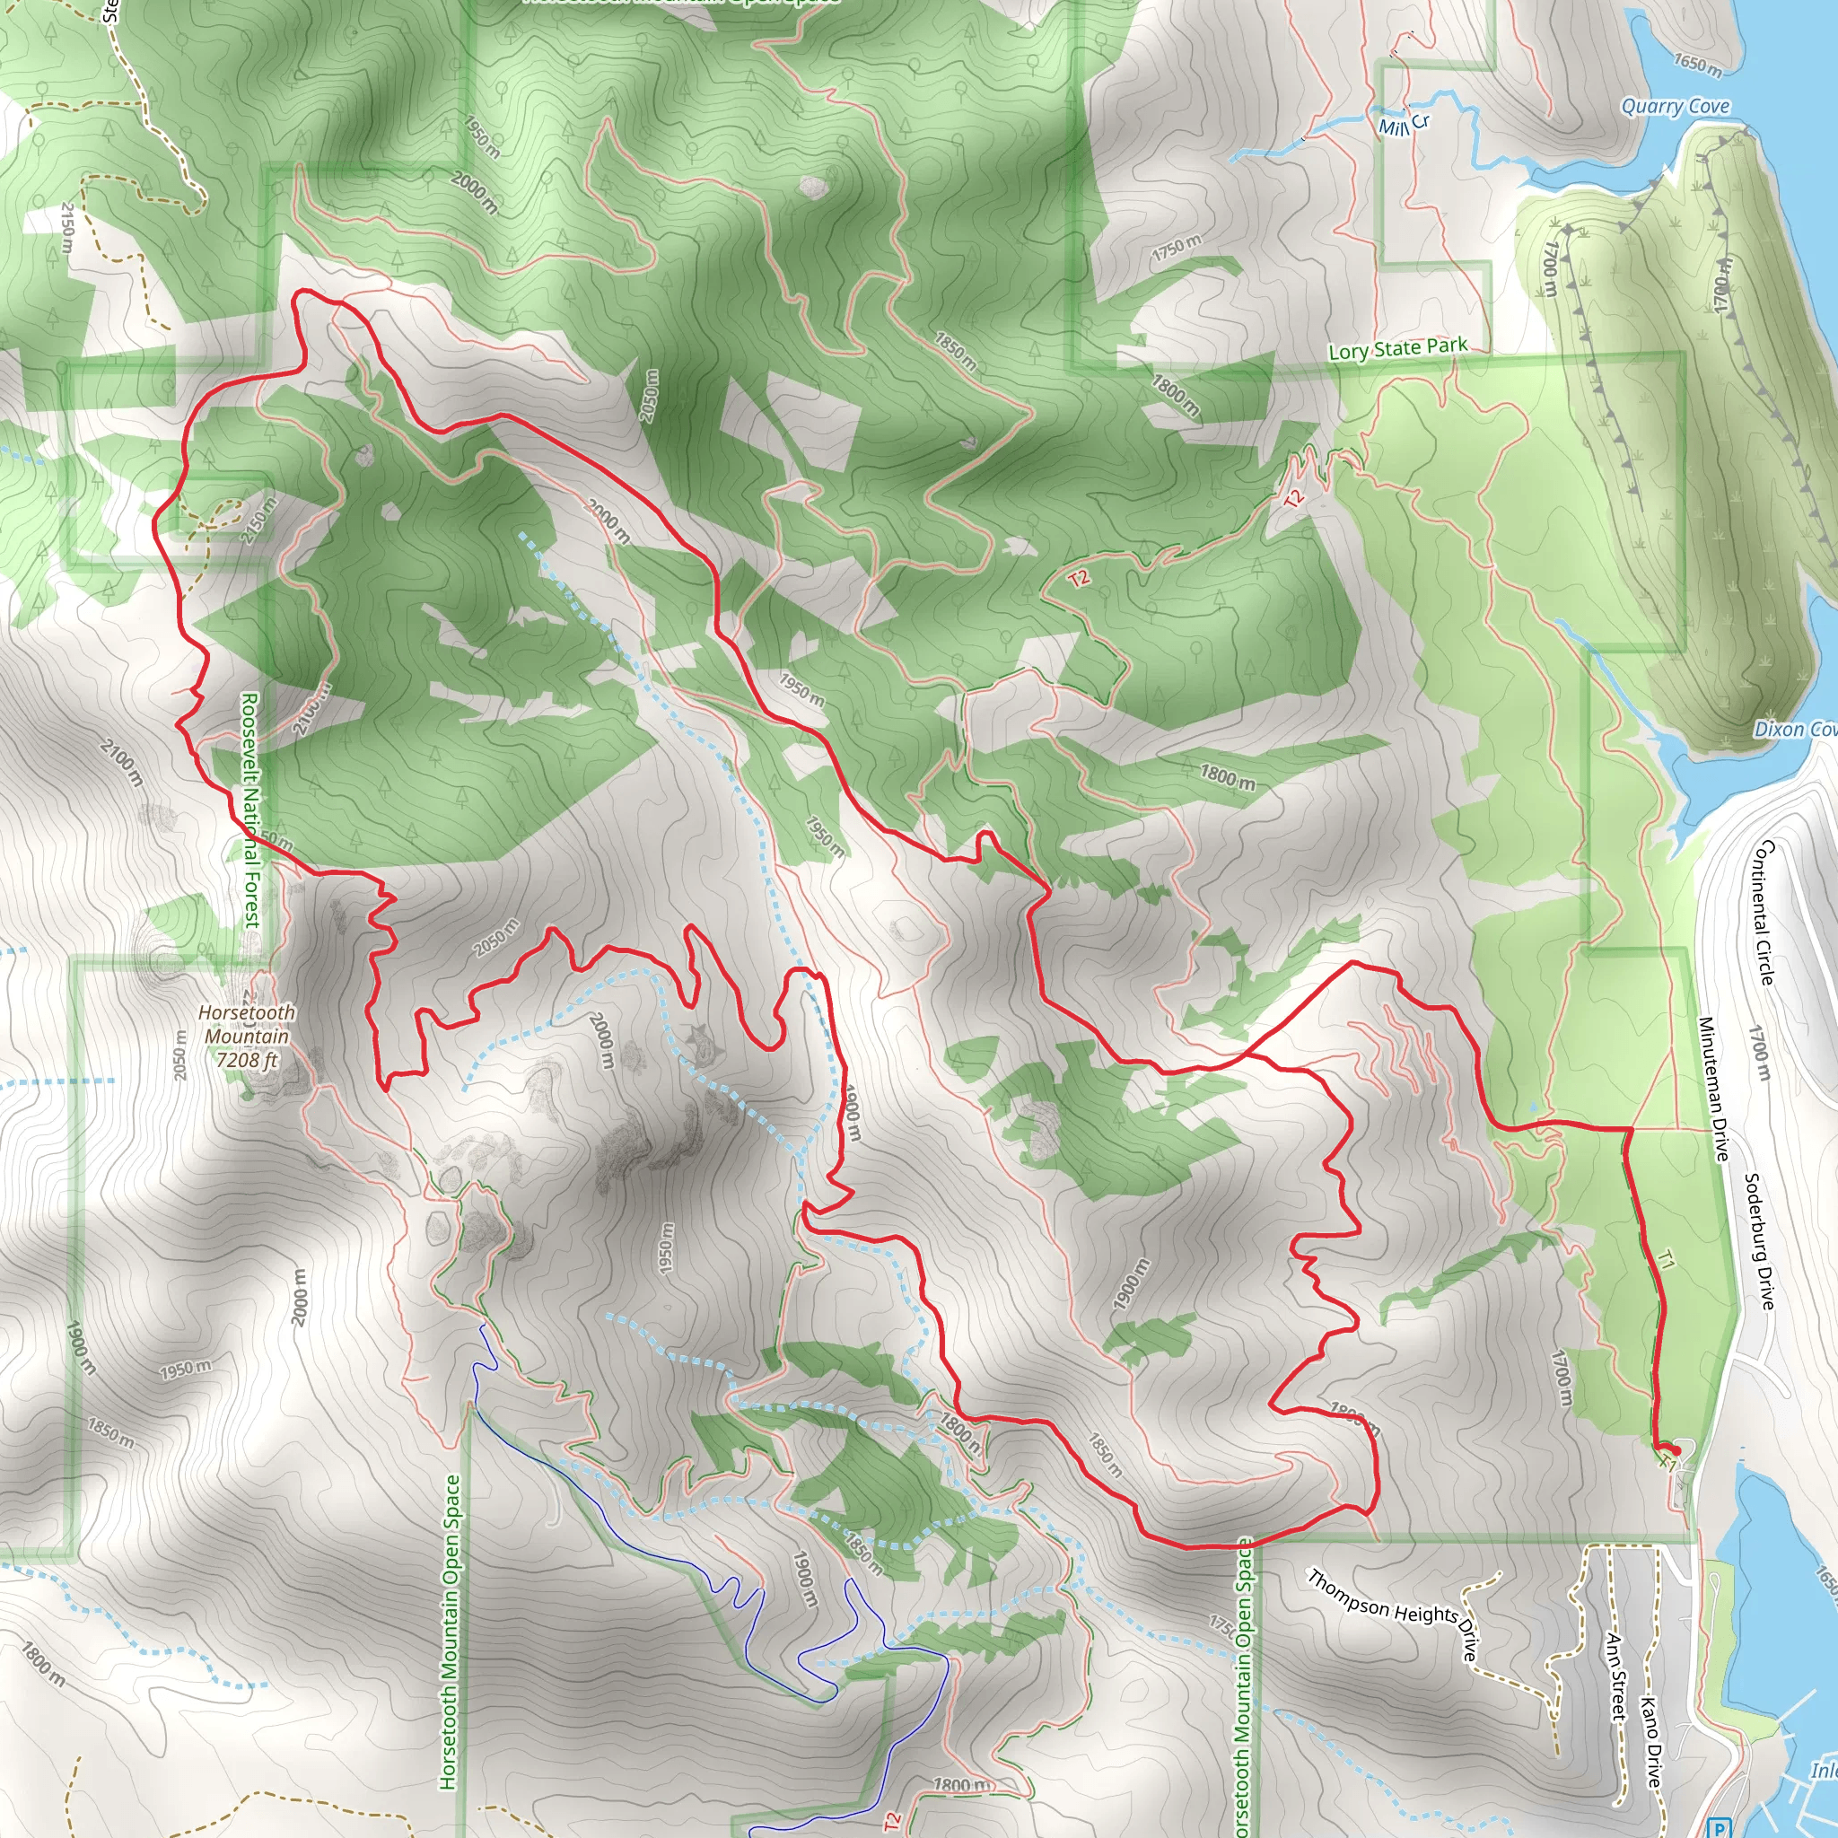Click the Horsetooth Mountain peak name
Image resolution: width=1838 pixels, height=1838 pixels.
pyautogui.click(x=247, y=1025)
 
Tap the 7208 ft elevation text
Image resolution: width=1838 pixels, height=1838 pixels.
pyautogui.click(x=247, y=1060)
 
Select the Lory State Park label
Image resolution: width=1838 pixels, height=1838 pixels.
pyautogui.click(x=1397, y=349)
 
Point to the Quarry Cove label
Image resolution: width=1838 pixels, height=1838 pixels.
pyautogui.click(x=1676, y=107)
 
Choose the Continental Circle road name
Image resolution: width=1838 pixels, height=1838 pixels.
pyautogui.click(x=1764, y=913)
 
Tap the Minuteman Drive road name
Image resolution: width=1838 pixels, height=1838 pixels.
pyautogui.click(x=1713, y=1090)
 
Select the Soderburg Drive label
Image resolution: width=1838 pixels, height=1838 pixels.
pyautogui.click(x=1759, y=1240)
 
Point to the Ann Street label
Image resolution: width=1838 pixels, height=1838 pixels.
pyautogui.click(x=1615, y=1676)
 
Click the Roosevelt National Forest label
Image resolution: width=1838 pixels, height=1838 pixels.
pyautogui.click(x=249, y=809)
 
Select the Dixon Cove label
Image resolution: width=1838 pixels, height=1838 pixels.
pyautogui.click(x=1794, y=730)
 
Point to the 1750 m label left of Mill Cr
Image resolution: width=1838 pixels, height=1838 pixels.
pyautogui.click(x=1177, y=248)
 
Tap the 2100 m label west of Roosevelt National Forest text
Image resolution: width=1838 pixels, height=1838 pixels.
pyautogui.click(x=122, y=761)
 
